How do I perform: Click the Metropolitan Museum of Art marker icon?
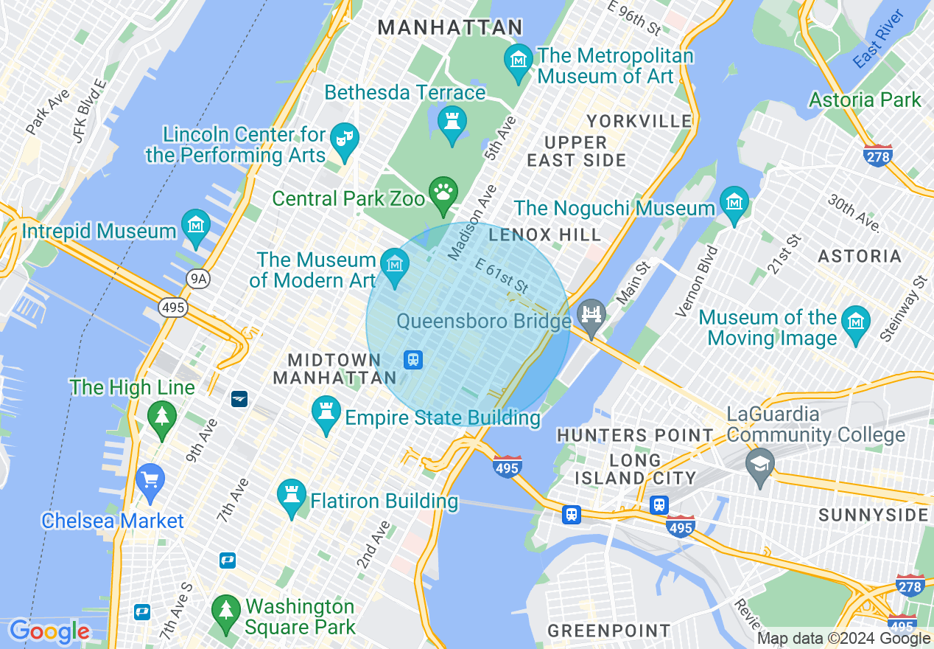click(519, 59)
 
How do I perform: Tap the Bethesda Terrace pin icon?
click(452, 120)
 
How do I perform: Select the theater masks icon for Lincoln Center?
click(344, 138)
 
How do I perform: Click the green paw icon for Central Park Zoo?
click(443, 192)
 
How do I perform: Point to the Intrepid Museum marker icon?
click(196, 224)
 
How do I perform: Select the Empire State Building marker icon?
click(325, 411)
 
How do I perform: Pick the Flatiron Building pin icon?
click(291, 494)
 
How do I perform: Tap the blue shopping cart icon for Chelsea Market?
click(150, 479)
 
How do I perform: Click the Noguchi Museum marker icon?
click(734, 202)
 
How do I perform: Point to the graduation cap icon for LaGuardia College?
click(759, 464)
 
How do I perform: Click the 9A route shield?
click(197, 278)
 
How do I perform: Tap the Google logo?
click(49, 632)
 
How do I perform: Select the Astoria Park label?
click(865, 100)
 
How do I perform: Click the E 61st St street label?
click(502, 275)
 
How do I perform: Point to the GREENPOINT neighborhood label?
click(609, 631)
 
